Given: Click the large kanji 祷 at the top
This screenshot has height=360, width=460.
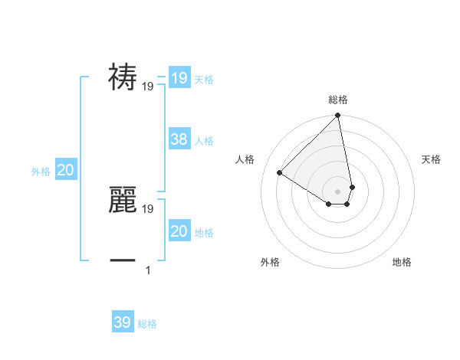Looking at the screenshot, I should pyautogui.click(x=123, y=77).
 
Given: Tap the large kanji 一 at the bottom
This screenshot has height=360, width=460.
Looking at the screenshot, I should pyautogui.click(x=123, y=261).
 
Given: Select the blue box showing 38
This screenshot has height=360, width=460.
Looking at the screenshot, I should pyautogui.click(x=179, y=139).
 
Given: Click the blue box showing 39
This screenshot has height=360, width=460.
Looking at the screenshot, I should pyautogui.click(x=123, y=322).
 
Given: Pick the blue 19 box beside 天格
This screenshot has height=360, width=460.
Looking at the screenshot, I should pyautogui.click(x=179, y=78).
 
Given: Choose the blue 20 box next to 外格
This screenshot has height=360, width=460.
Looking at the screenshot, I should pyautogui.click(x=65, y=170).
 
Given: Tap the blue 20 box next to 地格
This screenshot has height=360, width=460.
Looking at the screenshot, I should pyautogui.click(x=179, y=231).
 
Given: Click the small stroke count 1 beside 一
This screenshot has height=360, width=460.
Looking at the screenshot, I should pyautogui.click(x=147, y=270).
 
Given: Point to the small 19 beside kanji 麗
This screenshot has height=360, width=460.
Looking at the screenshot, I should pyautogui.click(x=148, y=208).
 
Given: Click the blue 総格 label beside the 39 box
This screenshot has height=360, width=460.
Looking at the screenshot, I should pyautogui.click(x=147, y=324).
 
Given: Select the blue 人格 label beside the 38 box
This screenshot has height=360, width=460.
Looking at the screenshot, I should pyautogui.click(x=204, y=141).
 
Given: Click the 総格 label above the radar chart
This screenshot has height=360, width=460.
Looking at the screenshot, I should pyautogui.click(x=338, y=100).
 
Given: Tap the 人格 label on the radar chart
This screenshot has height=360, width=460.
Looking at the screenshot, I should pyautogui.click(x=245, y=159).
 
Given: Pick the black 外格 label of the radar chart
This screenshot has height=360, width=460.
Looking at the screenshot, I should pyautogui.click(x=270, y=262).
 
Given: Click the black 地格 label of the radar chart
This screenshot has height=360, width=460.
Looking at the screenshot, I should pyautogui.click(x=402, y=262).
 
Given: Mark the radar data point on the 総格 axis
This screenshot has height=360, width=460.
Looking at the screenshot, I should pyautogui.click(x=338, y=116).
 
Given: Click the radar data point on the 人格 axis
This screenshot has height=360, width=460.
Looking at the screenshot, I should pyautogui.click(x=280, y=172).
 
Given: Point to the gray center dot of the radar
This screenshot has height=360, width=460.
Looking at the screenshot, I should pyautogui.click(x=338, y=191).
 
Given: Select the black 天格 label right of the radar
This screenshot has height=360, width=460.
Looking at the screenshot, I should pyautogui.click(x=431, y=159).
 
